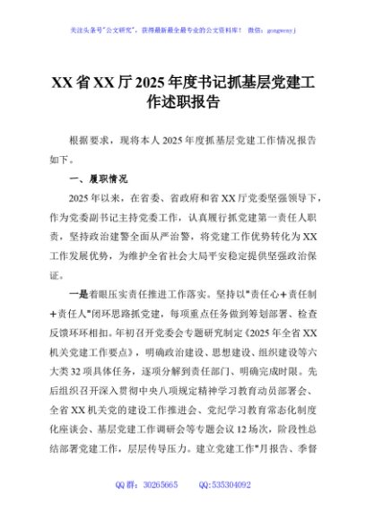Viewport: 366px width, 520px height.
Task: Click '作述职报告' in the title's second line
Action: pos(183,103)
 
